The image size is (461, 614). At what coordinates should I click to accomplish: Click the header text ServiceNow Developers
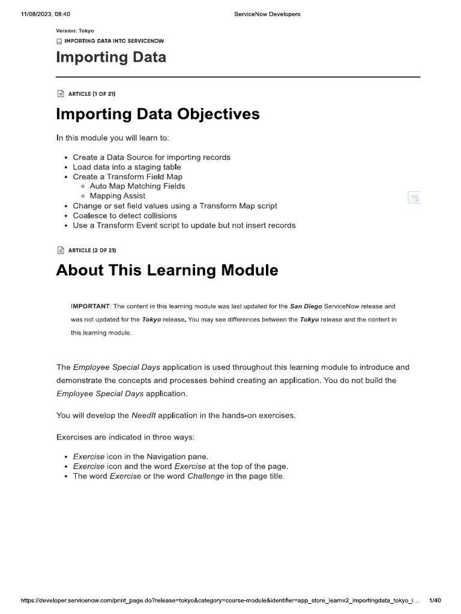[x=267, y=14]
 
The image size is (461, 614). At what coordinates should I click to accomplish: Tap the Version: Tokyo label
[x=75, y=31]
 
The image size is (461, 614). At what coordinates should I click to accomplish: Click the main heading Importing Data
[x=111, y=58]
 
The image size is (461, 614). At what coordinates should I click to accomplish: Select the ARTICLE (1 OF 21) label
[x=92, y=94]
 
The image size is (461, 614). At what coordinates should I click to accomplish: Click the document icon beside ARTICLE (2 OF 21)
[x=59, y=249]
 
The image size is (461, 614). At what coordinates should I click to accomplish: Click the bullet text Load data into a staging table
[x=127, y=167]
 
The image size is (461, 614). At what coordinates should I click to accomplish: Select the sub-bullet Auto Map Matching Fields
[x=137, y=186]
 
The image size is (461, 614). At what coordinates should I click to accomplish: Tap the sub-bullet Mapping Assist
[x=117, y=195]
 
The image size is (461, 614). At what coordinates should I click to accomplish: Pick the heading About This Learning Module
[x=167, y=270]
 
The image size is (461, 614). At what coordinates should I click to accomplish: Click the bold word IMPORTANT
[x=91, y=306]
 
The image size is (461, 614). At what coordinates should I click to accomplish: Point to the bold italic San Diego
[x=306, y=306]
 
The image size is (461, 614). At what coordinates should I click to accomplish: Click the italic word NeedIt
[x=144, y=415]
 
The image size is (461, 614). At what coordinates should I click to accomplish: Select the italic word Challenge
[x=206, y=476]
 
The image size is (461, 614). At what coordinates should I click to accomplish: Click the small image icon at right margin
[x=414, y=197]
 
